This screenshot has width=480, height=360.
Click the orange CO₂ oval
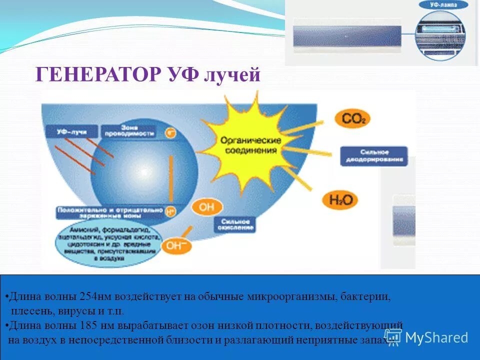(352, 119)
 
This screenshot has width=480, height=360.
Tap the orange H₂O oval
(341, 200)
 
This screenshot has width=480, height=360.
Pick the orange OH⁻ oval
(175, 246)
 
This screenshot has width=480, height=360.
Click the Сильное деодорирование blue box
(374, 156)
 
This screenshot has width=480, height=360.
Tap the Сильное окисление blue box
(235, 224)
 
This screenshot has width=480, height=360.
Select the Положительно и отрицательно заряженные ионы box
(110, 212)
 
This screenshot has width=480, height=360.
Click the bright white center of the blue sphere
(143, 172)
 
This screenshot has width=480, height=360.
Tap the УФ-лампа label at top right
(443, 5)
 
